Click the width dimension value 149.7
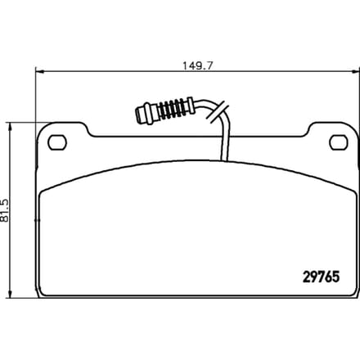click(197, 65)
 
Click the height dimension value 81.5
click(5, 210)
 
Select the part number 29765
click(322, 277)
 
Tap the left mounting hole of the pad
click(57, 142)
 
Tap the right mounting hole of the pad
click(339, 142)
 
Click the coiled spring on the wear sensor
click(173, 109)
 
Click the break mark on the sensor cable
click(218, 112)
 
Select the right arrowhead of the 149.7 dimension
click(356, 72)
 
